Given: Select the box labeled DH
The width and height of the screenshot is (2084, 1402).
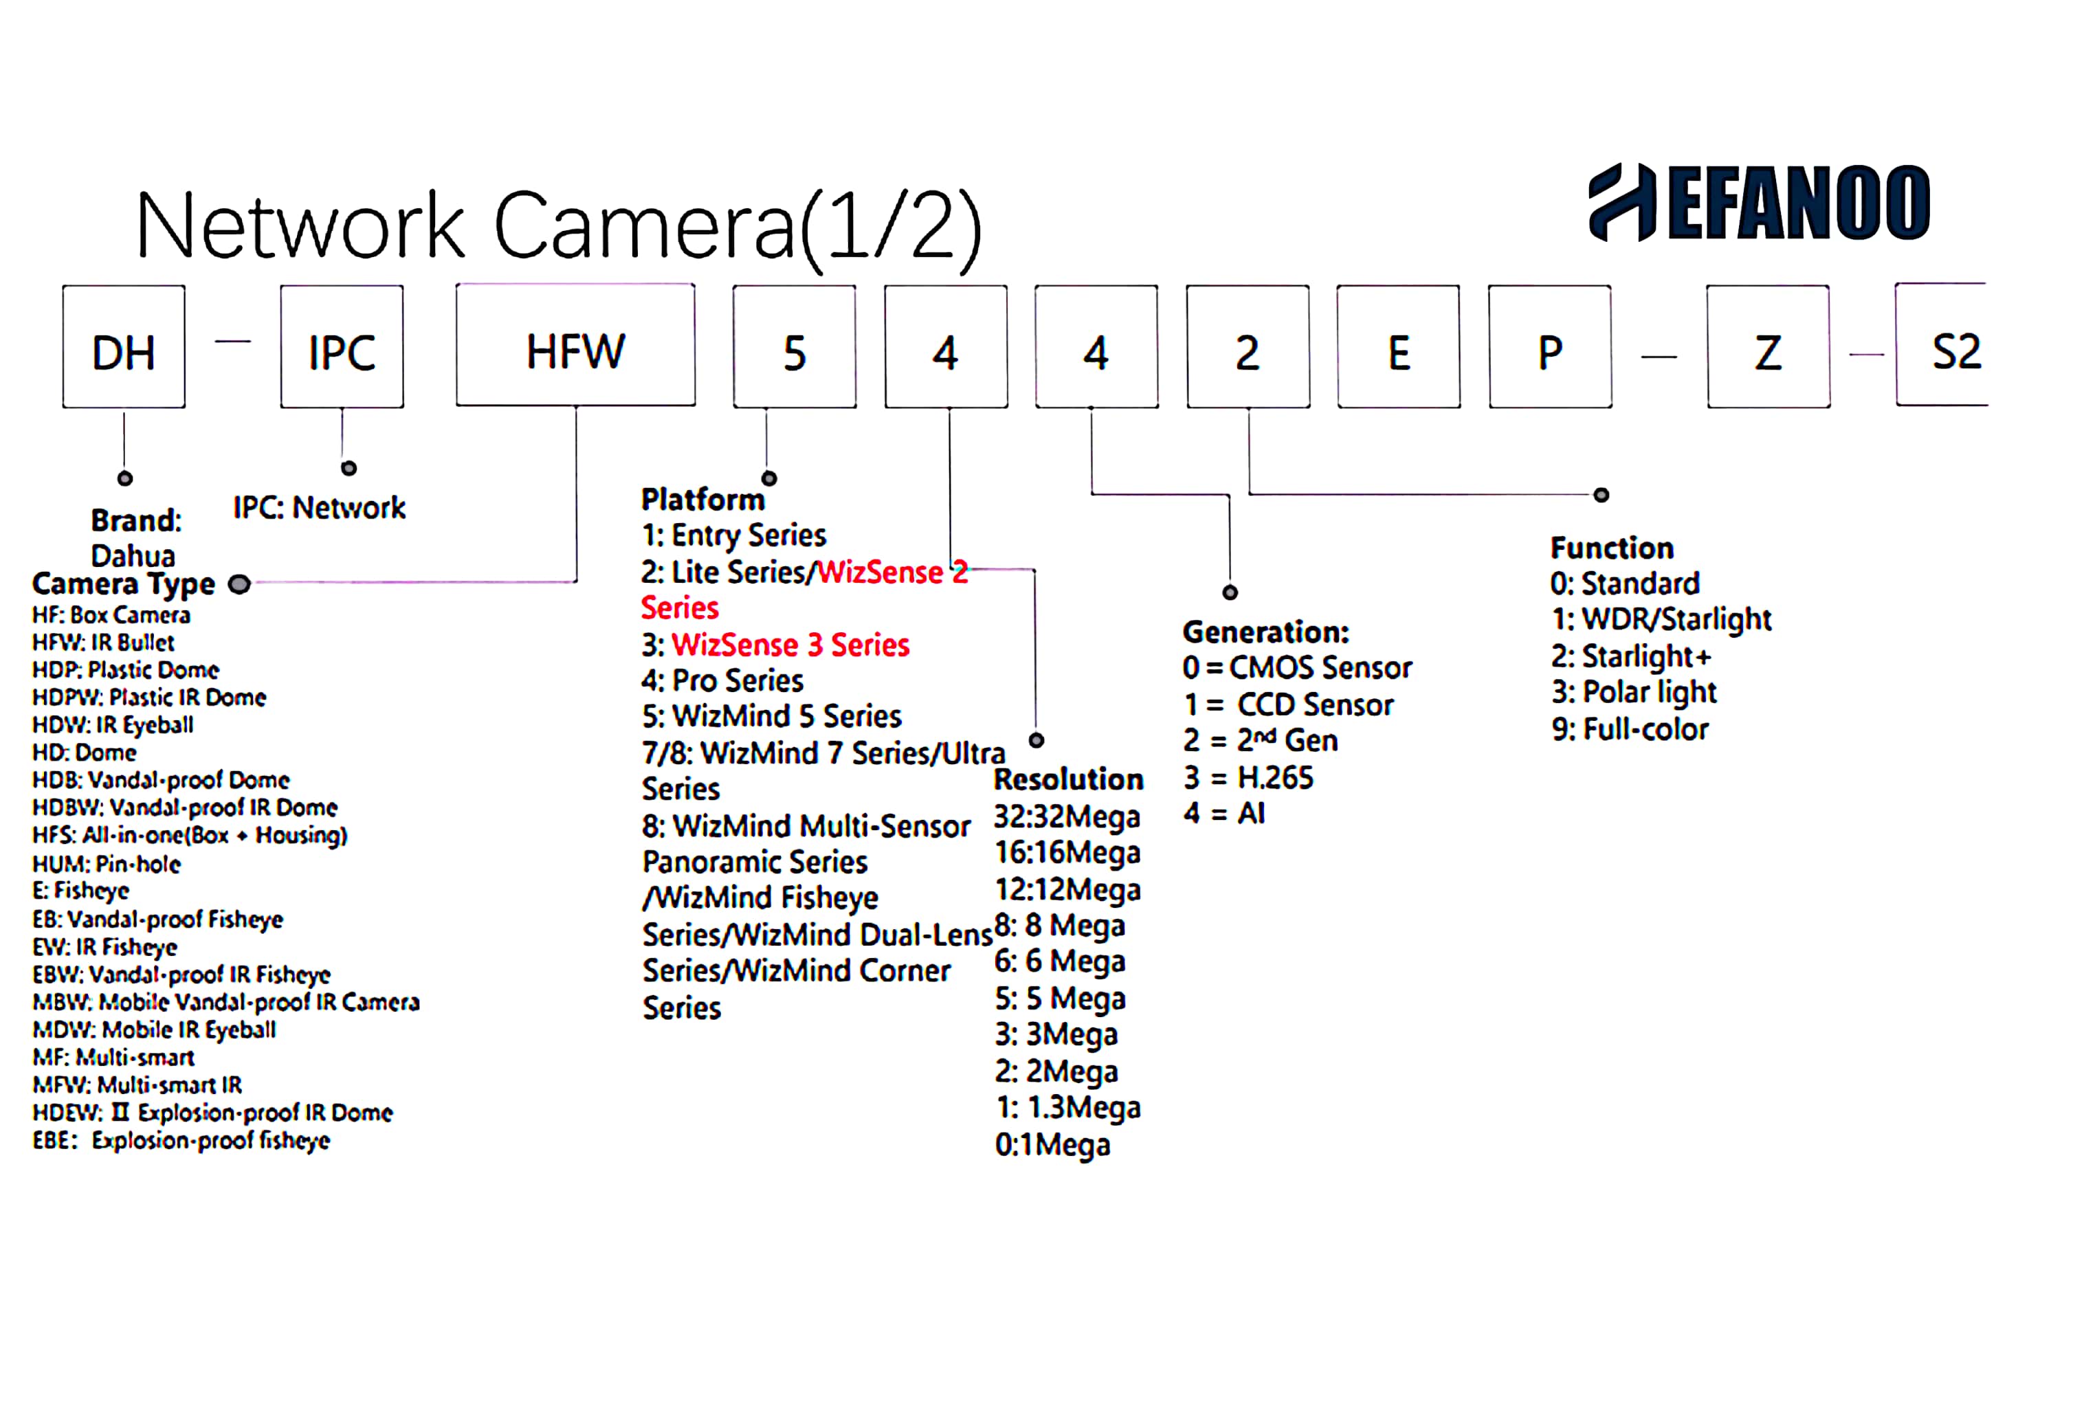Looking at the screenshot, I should pos(124,347).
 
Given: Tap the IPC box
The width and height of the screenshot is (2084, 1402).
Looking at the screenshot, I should pos(342,347).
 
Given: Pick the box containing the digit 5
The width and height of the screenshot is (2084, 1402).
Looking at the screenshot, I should pos(794,347).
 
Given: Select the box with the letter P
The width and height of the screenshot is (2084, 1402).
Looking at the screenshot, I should pos(1549,347).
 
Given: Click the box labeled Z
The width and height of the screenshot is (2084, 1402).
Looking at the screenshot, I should pos(1768,347).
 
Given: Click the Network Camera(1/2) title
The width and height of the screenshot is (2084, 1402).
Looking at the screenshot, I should pos(559,225).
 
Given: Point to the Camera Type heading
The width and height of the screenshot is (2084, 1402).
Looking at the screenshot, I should pos(124,584).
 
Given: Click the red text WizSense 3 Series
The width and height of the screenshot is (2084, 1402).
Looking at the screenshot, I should pos(790,645).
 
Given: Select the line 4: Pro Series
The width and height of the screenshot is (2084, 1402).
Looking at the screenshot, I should pos(722,680).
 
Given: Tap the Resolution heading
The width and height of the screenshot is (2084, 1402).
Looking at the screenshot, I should pos(1068,779).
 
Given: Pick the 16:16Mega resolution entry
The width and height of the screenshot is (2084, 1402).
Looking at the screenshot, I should pos(1067,853).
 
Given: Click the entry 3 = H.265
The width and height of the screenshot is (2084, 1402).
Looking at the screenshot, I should pos(1248,778).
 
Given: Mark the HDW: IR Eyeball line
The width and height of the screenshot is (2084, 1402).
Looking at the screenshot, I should pos(113,724).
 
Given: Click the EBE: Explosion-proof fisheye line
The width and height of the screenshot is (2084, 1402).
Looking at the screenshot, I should pos(181,1141).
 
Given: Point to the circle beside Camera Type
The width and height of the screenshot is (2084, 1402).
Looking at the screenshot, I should pos(239,585).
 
